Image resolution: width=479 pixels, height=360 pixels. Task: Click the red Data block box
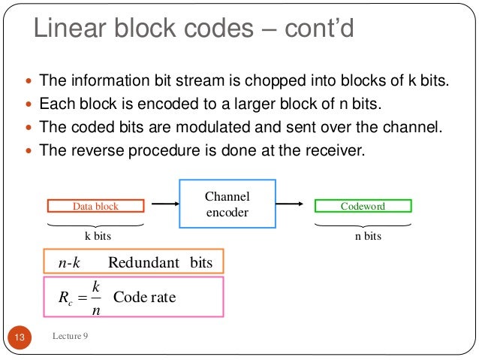pos(95,206)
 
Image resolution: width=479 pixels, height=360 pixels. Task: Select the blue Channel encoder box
pos(227,204)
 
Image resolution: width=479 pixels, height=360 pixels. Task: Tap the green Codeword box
pos(363,206)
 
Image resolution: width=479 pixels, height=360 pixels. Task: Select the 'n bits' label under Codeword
pos(367,236)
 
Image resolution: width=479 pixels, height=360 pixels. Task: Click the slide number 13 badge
pos(20,338)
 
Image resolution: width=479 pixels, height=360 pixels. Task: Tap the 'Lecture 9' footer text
pos(71,336)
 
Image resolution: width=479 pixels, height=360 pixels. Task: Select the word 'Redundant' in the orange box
pos(143,262)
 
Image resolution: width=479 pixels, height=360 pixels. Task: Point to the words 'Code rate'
pos(144,298)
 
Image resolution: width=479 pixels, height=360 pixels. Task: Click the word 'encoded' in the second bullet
pos(171,104)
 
